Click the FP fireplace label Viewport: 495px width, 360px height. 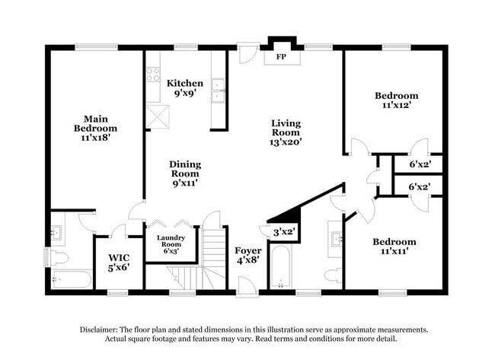tap(281, 57)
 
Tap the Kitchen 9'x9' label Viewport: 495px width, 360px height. tap(185, 89)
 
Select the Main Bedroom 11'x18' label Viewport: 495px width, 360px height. tap(95, 128)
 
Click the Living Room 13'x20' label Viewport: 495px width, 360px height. tap(286, 132)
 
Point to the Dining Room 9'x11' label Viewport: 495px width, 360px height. tap(184, 174)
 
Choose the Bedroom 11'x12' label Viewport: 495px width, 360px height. tap(396, 101)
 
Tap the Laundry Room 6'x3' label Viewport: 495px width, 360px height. tap(171, 244)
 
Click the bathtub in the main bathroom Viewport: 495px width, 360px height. tap(70, 279)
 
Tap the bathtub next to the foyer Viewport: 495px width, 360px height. tap(281, 268)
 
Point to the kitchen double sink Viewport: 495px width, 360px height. tap(219, 89)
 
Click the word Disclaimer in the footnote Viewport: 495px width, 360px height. tap(102, 330)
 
